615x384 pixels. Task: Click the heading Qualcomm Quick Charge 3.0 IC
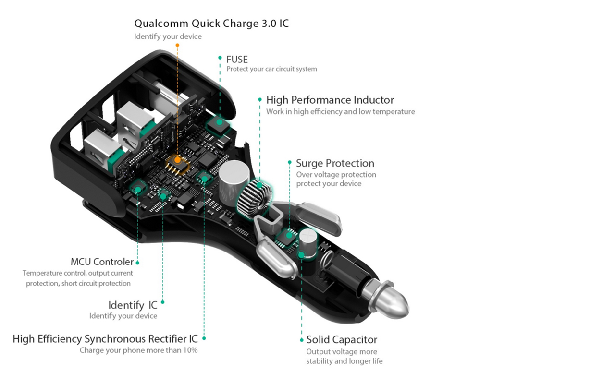pos(211,23)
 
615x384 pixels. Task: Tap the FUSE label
pos(237,59)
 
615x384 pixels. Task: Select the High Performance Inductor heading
pos(330,100)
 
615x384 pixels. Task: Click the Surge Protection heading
pos(335,163)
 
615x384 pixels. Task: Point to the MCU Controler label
pos(102,262)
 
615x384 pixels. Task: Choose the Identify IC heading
pos(133,305)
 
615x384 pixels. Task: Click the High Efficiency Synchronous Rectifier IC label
pos(105,339)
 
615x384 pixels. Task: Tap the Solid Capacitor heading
pos(342,340)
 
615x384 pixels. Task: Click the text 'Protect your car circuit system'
pos(271,69)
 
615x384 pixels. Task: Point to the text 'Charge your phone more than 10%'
pos(138,350)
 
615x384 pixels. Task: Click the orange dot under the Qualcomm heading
pos(177,45)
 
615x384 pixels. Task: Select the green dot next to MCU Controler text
pos(138,262)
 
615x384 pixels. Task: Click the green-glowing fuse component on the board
pos(218,123)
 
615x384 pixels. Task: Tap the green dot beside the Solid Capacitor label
pos(301,340)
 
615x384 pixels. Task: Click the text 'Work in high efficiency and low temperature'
pos(340,111)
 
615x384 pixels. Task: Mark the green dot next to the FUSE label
pos(220,58)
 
